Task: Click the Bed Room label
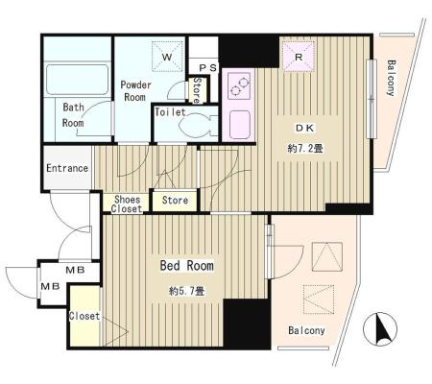[187, 266]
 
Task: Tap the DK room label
[304, 128]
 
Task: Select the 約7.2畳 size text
[305, 148]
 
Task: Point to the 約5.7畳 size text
[187, 291]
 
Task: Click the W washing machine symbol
[167, 57]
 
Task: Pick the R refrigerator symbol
[299, 57]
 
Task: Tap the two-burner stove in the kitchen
[239, 85]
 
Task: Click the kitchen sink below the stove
[240, 125]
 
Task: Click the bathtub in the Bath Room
[77, 80]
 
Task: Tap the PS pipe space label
[208, 68]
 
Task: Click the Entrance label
[67, 168]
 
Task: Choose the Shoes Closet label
[127, 204]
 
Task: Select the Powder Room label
[135, 91]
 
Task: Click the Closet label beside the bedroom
[84, 316]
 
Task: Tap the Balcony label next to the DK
[391, 78]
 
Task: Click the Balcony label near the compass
[306, 330]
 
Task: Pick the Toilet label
[170, 112]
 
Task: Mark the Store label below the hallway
[175, 201]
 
